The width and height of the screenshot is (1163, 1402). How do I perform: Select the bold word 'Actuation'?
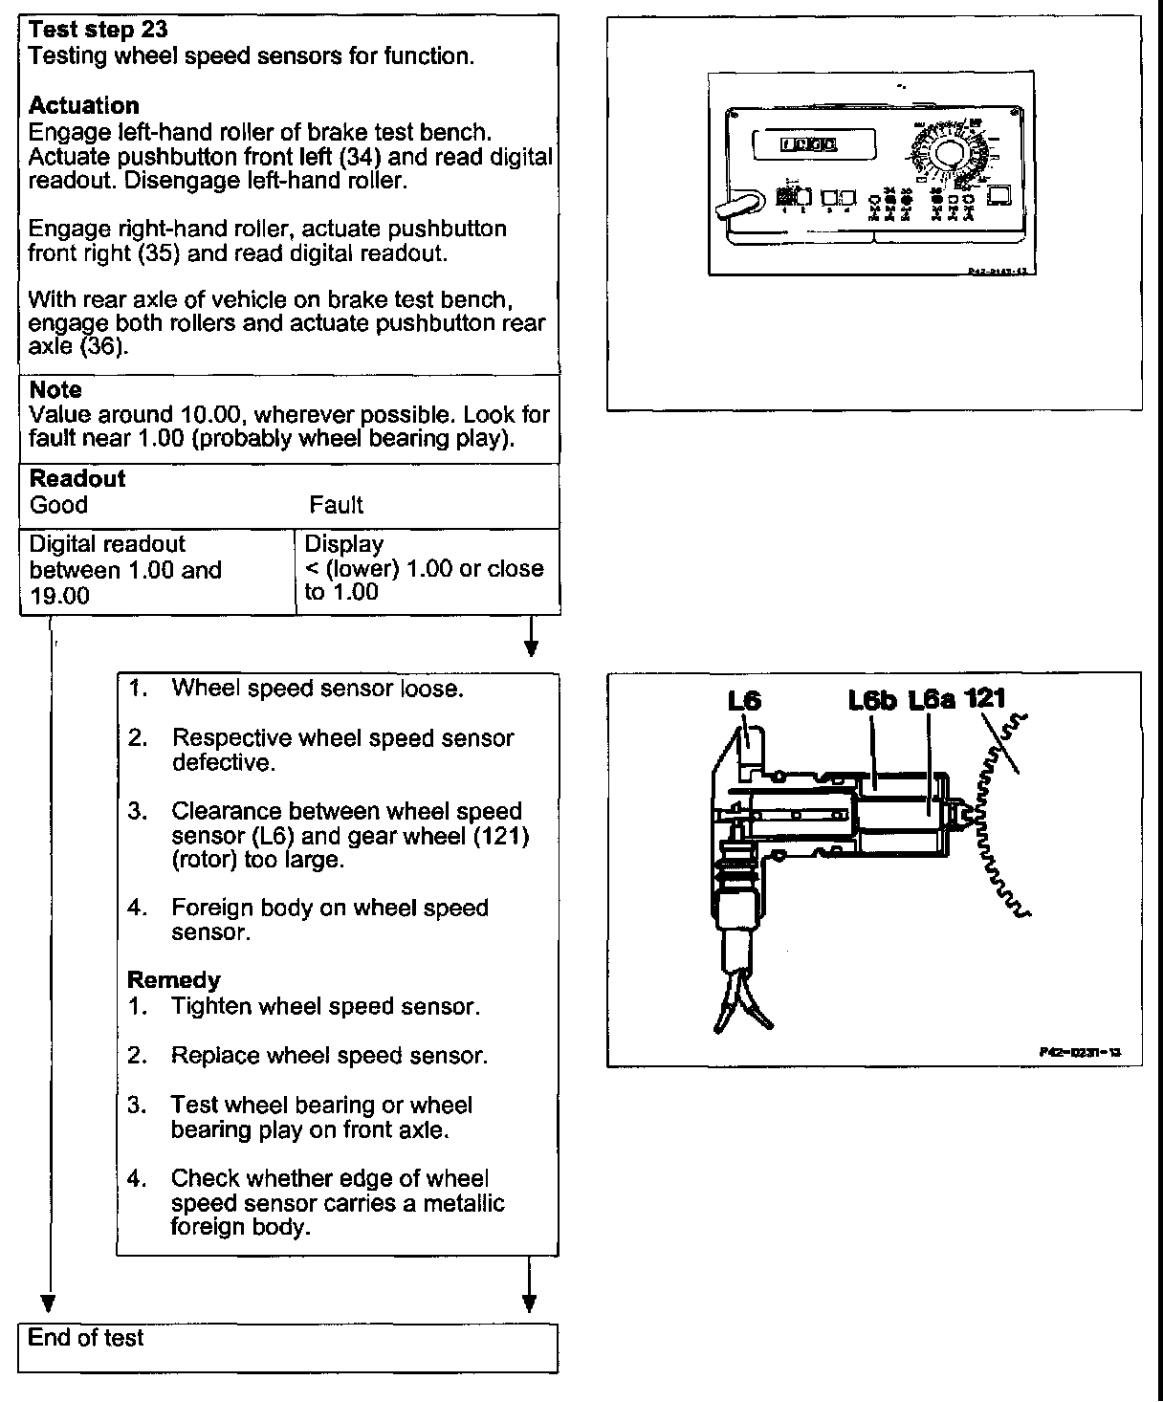[84, 105]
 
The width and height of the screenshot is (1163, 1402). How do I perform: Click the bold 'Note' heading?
[55, 389]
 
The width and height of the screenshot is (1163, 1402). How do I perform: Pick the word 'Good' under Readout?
[58, 505]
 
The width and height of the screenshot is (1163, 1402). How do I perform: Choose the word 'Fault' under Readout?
[336, 505]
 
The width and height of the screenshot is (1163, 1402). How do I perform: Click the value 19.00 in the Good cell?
[59, 595]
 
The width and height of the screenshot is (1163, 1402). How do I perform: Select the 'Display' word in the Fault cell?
[343, 544]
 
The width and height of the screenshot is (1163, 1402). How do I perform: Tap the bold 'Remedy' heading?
[173, 979]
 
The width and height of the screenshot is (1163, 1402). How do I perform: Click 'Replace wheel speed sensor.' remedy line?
[329, 1056]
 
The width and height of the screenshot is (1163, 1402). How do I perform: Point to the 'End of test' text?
[85, 1337]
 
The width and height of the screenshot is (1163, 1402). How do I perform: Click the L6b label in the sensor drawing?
[872, 700]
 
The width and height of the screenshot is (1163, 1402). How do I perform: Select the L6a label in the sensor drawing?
[932, 700]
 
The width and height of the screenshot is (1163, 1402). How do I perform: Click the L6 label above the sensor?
[744, 700]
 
